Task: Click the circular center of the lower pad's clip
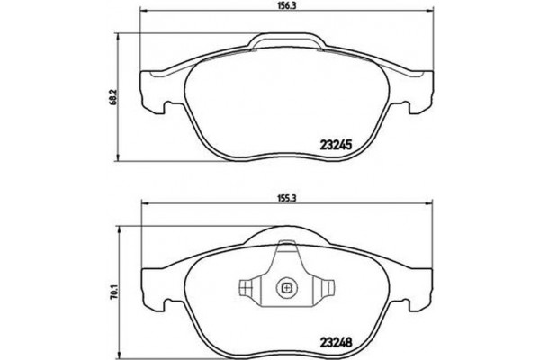click(x=287, y=289)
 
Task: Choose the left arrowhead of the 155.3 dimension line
click(x=144, y=202)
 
